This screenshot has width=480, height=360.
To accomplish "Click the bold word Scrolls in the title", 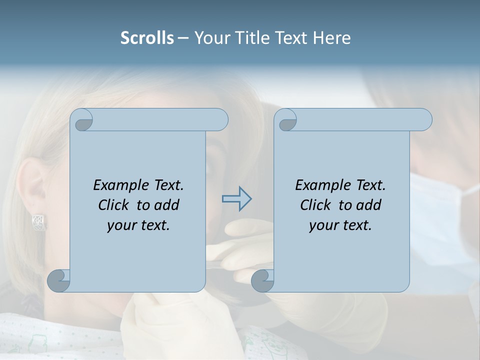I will (147, 38).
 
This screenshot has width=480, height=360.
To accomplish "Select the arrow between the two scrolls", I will (236, 198).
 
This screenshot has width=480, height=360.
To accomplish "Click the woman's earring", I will (38, 222).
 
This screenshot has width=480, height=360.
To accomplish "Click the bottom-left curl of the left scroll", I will (59, 280).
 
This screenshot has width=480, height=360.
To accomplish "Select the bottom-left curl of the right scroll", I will (263, 280).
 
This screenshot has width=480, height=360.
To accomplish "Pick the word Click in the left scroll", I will (114, 205).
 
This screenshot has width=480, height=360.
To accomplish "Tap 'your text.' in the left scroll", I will (138, 225).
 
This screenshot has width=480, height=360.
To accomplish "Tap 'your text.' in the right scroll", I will (340, 225).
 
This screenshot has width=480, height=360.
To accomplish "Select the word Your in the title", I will (209, 38).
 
